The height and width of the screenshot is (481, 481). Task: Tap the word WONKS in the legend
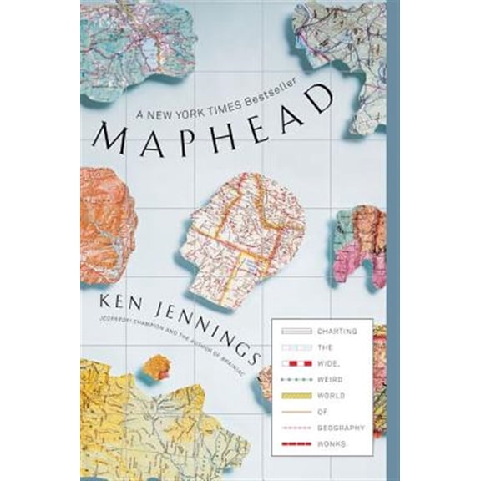point(332,442)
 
